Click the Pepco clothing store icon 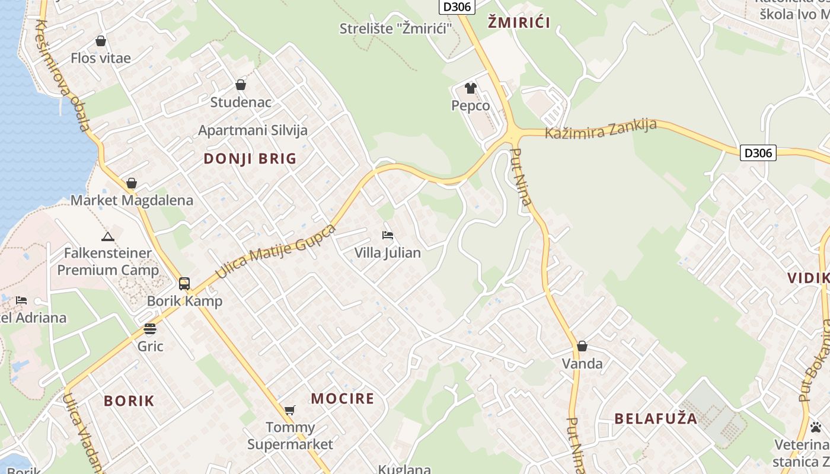click(471, 89)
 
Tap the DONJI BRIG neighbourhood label click(250, 159)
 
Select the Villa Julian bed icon click(388, 235)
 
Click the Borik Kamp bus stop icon click(184, 284)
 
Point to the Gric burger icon click(150, 329)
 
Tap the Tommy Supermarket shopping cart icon click(290, 410)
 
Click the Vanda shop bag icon click(582, 346)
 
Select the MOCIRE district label click(343, 399)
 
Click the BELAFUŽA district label click(656, 419)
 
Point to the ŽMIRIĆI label click(519, 23)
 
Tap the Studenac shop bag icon click(241, 85)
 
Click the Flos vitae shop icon click(101, 41)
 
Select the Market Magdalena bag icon click(132, 184)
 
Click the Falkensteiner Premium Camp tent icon click(108, 237)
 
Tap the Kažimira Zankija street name click(601, 129)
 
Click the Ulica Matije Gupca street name click(276, 251)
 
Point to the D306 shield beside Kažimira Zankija click(758, 153)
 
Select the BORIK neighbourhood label click(129, 401)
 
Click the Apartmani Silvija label click(253, 130)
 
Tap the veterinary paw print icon click(816, 427)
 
